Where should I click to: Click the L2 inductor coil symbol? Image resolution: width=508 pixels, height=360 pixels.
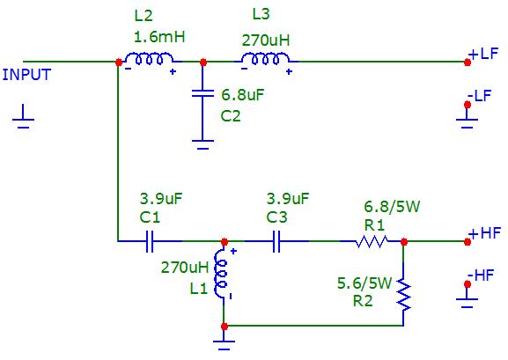150,58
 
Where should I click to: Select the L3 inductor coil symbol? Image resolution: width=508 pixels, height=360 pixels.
266,58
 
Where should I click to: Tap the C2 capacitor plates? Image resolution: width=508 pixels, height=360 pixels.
202,93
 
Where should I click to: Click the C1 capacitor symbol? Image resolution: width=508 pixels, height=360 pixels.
150,241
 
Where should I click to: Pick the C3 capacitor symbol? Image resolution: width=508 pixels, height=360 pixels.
276,241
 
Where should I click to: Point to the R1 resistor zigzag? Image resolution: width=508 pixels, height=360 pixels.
372,241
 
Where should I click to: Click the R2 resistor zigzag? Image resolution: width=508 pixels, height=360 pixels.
403,294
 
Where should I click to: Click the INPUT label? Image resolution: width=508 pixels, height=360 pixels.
26,75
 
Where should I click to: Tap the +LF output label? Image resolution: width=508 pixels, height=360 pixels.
483,54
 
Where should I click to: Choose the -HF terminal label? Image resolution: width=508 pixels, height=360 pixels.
481,276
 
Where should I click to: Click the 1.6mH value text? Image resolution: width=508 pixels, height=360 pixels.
159,37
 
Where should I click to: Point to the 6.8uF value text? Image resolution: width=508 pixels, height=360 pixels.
243,95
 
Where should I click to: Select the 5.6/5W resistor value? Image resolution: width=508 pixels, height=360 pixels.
364,283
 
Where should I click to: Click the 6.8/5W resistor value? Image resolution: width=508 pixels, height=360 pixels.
392,207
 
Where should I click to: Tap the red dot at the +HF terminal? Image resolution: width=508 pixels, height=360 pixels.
468,242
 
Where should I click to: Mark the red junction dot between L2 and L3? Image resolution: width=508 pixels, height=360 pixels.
203,62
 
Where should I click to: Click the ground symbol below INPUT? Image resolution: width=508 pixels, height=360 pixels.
23,117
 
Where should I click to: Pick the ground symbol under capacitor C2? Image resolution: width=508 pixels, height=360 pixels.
202,144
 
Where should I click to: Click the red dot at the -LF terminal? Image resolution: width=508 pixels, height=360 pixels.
468,105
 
